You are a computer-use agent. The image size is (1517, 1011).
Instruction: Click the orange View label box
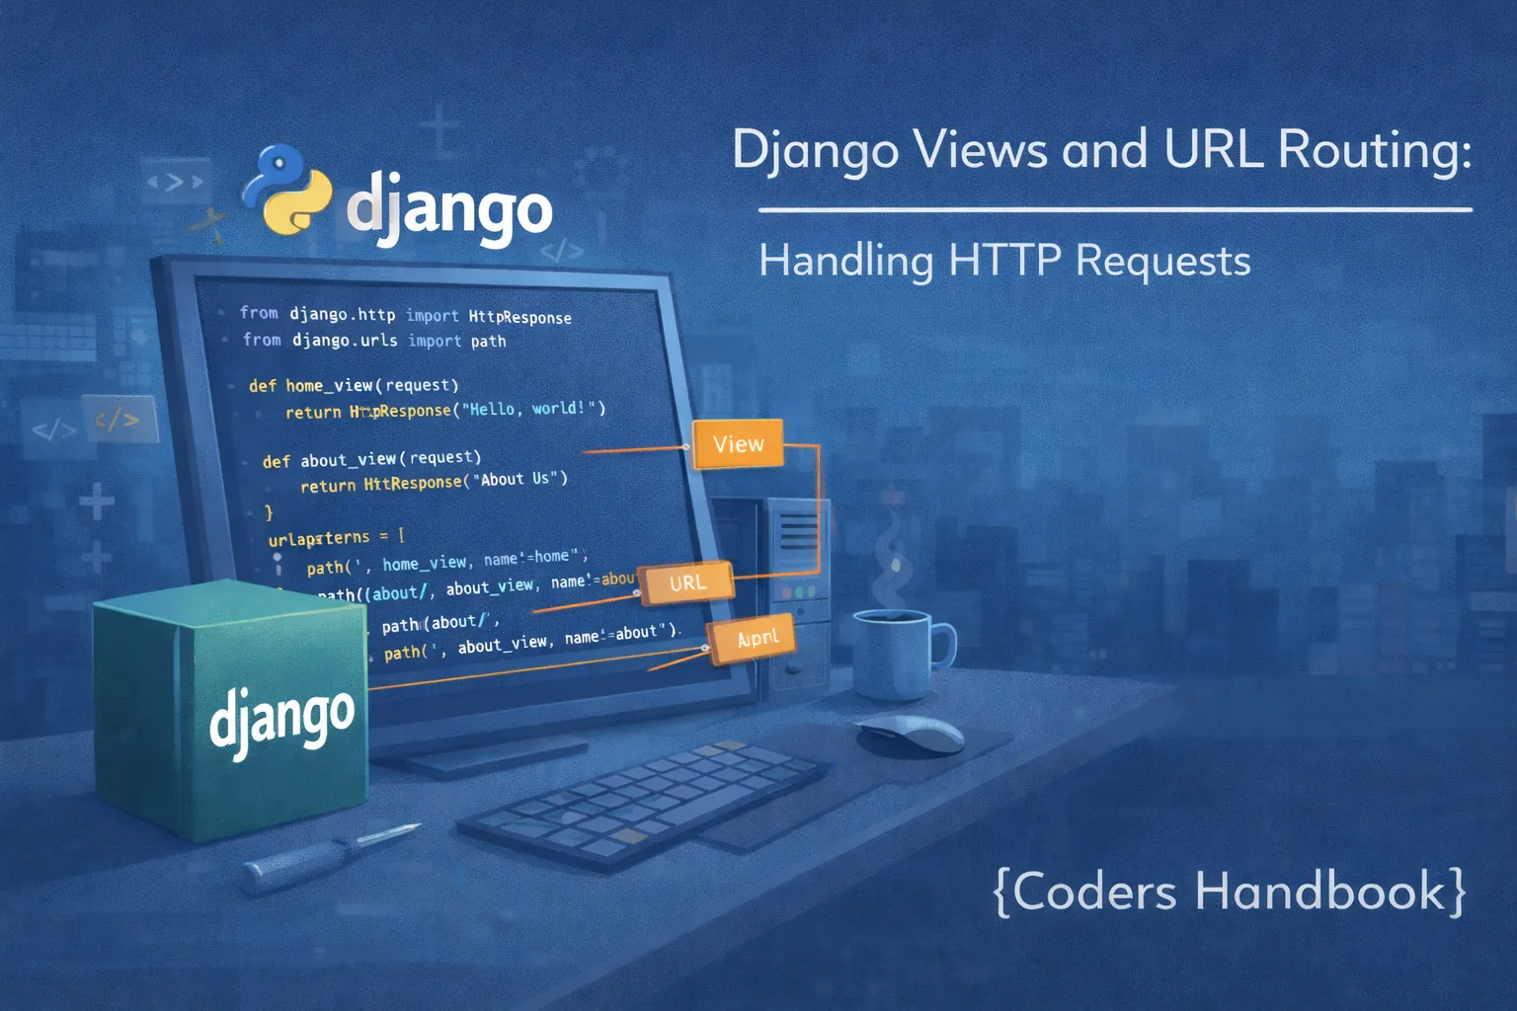coord(738,444)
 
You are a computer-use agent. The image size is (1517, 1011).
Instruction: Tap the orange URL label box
coord(687,583)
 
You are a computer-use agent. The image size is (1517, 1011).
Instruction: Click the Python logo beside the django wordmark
coord(287,190)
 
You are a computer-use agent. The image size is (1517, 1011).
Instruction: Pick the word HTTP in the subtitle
coord(1004,261)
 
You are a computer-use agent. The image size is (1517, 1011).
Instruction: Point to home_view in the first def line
coord(329,385)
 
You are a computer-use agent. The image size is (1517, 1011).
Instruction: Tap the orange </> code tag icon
coord(118,420)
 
